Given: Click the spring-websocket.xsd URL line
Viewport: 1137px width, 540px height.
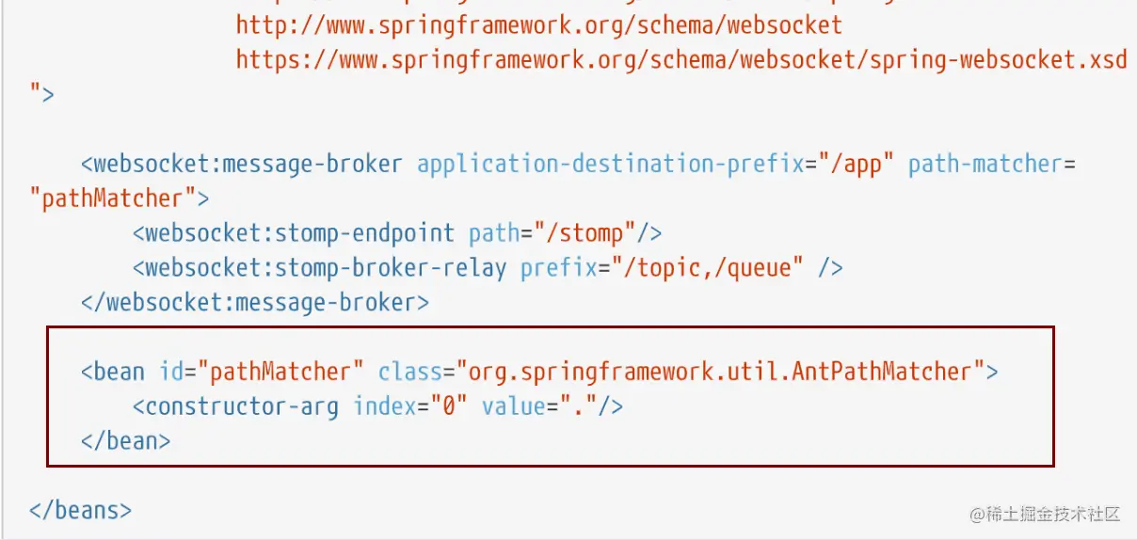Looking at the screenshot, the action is click(x=681, y=59).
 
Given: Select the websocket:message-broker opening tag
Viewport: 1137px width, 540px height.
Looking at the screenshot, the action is click(x=241, y=164).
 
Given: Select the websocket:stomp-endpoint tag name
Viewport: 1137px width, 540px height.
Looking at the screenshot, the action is click(x=299, y=232).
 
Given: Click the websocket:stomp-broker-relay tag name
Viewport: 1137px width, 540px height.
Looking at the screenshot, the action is click(x=325, y=267).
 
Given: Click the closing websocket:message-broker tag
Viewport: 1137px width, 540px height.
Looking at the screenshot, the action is click(x=254, y=302).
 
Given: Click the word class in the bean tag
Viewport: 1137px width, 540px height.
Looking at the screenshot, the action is click(x=409, y=372).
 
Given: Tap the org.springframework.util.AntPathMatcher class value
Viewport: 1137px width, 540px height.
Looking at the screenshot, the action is click(x=721, y=372).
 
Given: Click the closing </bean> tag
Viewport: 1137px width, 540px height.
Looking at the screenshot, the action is click(x=125, y=440).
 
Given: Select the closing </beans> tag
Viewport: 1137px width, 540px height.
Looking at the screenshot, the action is click(x=80, y=510).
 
